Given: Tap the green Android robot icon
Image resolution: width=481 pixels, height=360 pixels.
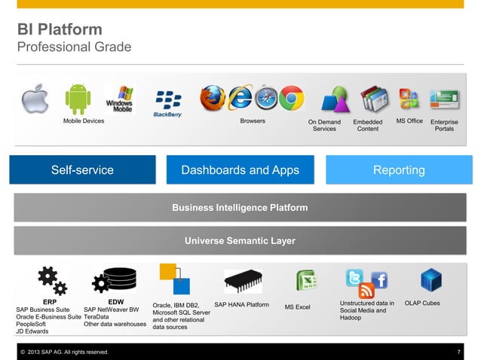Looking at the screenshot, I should click(78, 99).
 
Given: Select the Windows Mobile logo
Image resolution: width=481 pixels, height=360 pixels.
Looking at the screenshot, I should click(120, 99).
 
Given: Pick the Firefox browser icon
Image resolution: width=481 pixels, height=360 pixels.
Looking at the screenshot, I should click(213, 98).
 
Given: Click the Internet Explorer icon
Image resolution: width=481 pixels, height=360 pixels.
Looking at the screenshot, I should click(240, 98).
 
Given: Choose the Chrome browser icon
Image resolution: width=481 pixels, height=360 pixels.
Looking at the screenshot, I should click(291, 98).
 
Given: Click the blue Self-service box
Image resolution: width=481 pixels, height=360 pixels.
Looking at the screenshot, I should click(82, 170).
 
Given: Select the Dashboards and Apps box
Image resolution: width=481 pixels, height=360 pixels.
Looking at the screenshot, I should click(240, 170).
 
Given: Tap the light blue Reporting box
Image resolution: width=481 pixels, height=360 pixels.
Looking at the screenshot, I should click(398, 170).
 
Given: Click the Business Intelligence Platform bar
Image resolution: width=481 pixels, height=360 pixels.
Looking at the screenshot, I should click(240, 207).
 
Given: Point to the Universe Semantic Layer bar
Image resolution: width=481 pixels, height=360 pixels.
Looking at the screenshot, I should click(240, 241).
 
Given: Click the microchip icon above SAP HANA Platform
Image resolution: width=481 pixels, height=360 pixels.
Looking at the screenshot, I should click(243, 280).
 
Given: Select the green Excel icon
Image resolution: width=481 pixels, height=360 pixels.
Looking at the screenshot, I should click(305, 282).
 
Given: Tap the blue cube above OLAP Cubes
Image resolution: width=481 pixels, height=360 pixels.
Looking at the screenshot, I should click(431, 279).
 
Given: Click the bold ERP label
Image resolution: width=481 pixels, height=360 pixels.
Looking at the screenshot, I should click(50, 302).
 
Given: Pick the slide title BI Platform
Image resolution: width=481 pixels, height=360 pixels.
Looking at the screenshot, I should click(60, 30).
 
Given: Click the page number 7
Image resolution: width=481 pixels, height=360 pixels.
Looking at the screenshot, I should click(458, 352).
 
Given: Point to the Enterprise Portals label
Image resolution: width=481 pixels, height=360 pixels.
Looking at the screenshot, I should click(444, 125).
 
